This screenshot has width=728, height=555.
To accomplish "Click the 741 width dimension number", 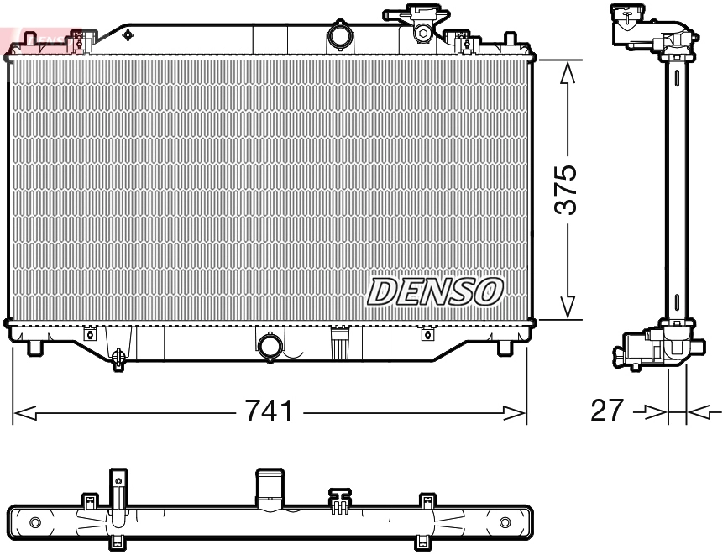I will click(270, 411).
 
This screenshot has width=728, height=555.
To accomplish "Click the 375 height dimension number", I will click(568, 191).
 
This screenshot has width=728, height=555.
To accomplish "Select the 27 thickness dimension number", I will click(607, 411).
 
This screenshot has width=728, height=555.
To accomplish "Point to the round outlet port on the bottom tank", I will click(270, 345).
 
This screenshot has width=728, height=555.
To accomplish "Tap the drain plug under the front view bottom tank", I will click(118, 359).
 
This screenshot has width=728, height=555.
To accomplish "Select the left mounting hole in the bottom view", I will click(34, 522).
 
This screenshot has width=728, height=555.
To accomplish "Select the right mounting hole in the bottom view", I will click(505, 522).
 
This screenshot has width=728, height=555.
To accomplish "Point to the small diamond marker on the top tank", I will click(128, 34).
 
